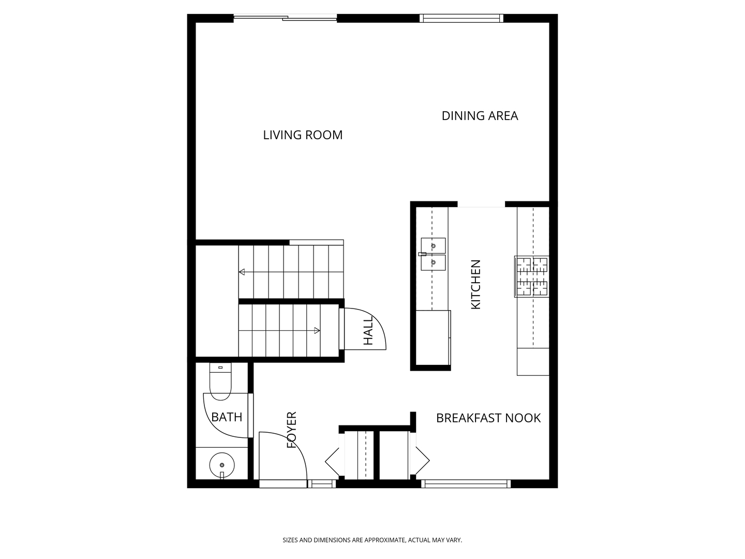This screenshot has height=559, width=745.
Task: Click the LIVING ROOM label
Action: pos(303,135)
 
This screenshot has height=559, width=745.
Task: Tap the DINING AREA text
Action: pos(480,116)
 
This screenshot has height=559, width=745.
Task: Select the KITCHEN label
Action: pos(476,285)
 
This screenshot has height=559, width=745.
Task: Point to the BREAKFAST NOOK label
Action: pos(488,418)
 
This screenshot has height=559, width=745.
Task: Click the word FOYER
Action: pos(292,430)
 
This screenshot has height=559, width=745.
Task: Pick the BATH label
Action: pos(227,417)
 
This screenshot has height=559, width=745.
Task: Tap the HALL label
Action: pos(368,330)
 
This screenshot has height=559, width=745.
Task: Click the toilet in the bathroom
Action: pos(220,381)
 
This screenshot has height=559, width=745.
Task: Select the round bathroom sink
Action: pos(222,465)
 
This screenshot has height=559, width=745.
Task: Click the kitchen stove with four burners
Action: pos(531,276)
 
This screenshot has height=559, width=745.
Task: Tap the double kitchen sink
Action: pos(433,254)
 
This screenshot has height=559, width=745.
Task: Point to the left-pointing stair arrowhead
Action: pos(242,272)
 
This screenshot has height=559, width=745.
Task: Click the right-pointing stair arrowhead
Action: pos(317,331)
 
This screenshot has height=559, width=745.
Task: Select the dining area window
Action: pos(461,18)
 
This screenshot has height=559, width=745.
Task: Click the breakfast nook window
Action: pos(466,483)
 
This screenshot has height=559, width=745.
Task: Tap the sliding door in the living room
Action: pos(285,18)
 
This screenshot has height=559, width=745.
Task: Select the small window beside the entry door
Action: pos(321,483)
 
